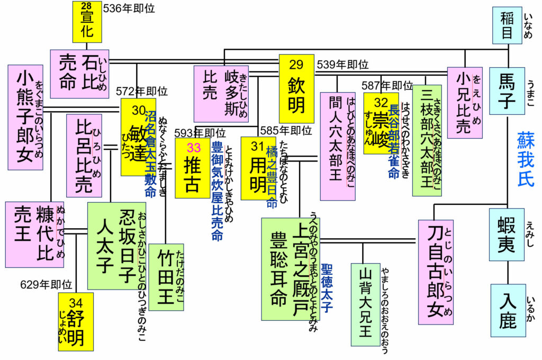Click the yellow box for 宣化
pos(87,22)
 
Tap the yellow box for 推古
pos(193,168)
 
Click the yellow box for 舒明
pos(76,321)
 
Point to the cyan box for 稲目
pos(507,25)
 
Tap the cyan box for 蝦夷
pos(507,234)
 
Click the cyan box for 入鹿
pos(507,310)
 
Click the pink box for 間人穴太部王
pos(337,146)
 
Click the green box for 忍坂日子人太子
pos(116,245)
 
